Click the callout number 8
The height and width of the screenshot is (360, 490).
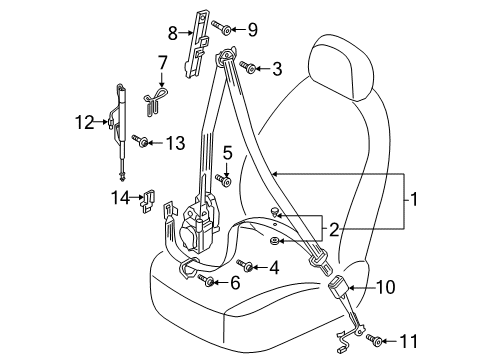tap(173, 33)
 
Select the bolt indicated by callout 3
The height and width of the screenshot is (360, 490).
tap(248, 67)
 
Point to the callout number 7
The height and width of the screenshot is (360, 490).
tap(162, 62)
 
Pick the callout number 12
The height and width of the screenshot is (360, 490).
tap(84, 122)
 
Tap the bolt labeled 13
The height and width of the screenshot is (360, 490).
tap(140, 141)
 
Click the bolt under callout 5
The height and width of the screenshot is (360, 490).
tap(223, 180)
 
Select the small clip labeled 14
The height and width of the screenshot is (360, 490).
tap(147, 201)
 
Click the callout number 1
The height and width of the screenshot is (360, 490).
tap(413, 199)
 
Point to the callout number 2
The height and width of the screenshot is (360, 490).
tap(334, 230)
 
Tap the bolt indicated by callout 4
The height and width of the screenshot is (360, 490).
tap(245, 265)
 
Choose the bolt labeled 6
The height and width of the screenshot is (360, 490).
tap(206, 280)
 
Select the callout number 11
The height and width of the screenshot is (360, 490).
tap(408, 341)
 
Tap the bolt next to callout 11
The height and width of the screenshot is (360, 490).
tap(374, 340)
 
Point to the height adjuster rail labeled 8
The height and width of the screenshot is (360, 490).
tap(197, 44)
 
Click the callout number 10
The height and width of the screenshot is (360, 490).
tap(386, 287)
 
